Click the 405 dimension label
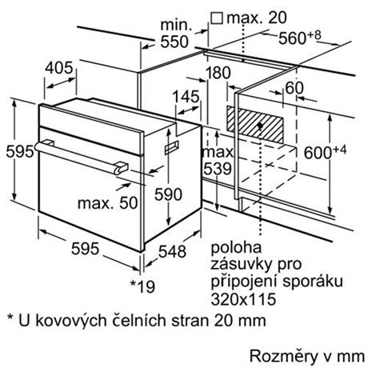(x=58, y=68)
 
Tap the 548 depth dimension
(x=172, y=251)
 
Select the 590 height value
(x=168, y=194)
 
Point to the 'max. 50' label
(x=107, y=203)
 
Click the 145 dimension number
(x=186, y=97)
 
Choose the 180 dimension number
(x=218, y=73)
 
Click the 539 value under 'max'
(x=218, y=169)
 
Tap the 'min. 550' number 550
(x=174, y=42)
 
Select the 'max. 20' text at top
(x=257, y=18)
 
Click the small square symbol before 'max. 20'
(x=217, y=18)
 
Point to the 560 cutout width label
(x=300, y=38)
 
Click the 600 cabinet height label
(x=325, y=152)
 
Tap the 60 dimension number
(x=294, y=88)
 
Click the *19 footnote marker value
(x=142, y=286)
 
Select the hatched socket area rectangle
(x=255, y=125)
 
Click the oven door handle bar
(x=81, y=158)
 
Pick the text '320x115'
(x=243, y=299)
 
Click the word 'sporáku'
(x=313, y=281)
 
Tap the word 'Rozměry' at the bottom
(x=283, y=356)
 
